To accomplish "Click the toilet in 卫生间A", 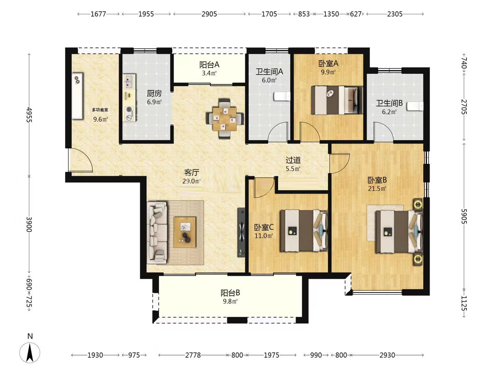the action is (x=282, y=97).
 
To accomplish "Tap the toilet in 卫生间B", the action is (x=415, y=106).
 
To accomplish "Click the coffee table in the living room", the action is (x=185, y=232).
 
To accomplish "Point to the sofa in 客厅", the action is (x=157, y=233).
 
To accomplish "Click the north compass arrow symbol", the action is (x=30, y=353).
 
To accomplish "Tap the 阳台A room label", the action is (x=209, y=65).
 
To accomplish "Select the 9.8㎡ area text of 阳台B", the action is (x=230, y=301).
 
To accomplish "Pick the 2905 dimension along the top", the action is (x=209, y=14).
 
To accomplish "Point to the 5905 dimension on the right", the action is (x=464, y=216).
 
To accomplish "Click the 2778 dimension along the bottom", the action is (x=193, y=355).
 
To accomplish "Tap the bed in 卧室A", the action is (x=337, y=100).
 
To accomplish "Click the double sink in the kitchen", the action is (x=129, y=81).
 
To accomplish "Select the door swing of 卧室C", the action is (x=264, y=187).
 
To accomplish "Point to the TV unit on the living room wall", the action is (x=241, y=232).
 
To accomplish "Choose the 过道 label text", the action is (x=293, y=160).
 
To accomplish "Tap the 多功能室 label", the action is (x=100, y=110).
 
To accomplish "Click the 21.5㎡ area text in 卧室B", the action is (x=377, y=189).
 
